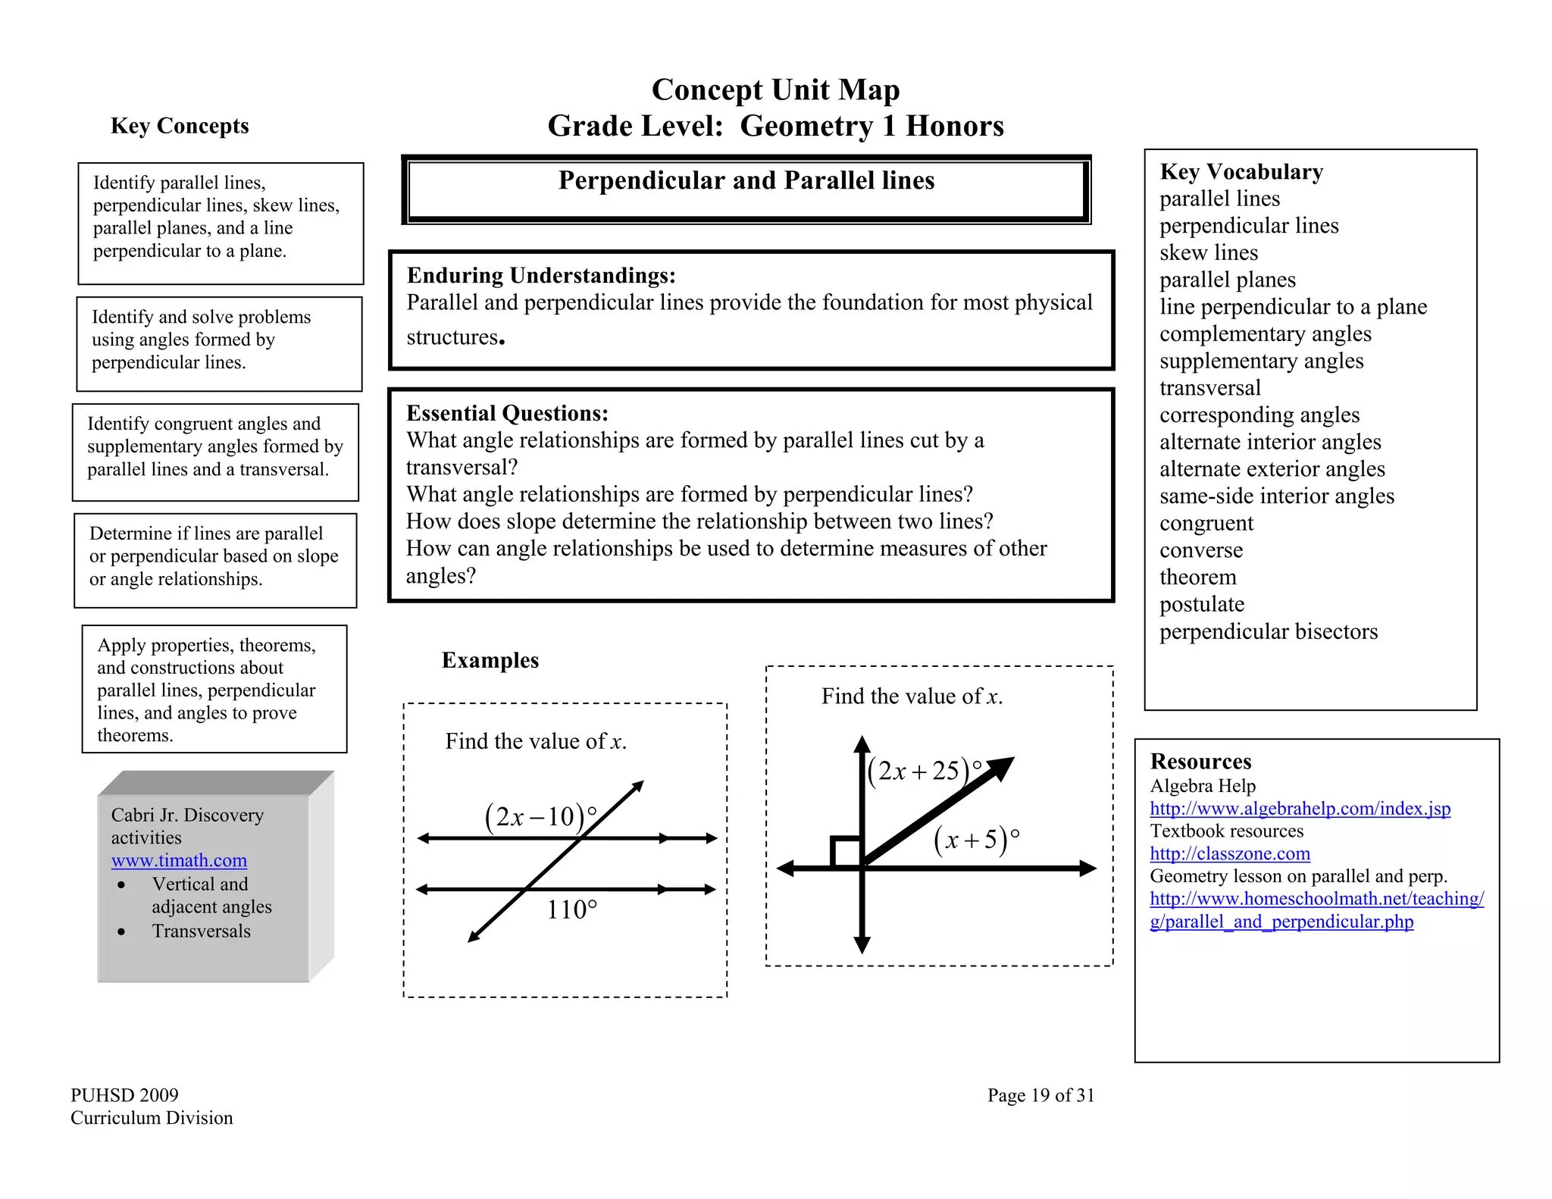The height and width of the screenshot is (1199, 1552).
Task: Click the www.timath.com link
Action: point(179,861)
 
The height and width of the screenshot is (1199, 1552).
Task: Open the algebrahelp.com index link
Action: point(1300,809)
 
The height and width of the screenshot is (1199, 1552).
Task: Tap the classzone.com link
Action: point(1229,854)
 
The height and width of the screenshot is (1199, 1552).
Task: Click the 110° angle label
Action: point(572,909)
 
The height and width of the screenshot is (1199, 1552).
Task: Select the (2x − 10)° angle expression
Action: point(540,817)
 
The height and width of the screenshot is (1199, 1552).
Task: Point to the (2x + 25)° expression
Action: point(924,771)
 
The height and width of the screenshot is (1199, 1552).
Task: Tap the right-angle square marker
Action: point(846,852)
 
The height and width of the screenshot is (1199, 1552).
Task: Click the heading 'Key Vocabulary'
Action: point(1241,172)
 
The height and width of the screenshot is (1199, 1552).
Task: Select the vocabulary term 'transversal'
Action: point(1209,388)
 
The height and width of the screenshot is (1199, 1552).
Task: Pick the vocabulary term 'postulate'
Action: point(1202,605)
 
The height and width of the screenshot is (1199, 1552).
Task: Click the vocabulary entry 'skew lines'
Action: point(1208,253)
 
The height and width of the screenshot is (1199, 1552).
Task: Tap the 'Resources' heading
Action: point(1200,762)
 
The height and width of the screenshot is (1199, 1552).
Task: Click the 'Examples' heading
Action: point(490,660)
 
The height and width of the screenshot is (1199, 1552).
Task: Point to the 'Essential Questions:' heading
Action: point(507,414)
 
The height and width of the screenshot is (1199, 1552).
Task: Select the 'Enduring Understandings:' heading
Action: point(540,276)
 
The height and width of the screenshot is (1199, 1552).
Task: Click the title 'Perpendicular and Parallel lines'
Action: point(746,180)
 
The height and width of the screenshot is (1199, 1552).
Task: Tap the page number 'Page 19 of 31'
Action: point(1040,1095)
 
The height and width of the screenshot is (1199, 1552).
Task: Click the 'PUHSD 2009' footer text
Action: point(124,1095)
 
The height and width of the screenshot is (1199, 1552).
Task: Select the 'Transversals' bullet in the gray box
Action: point(201,931)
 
